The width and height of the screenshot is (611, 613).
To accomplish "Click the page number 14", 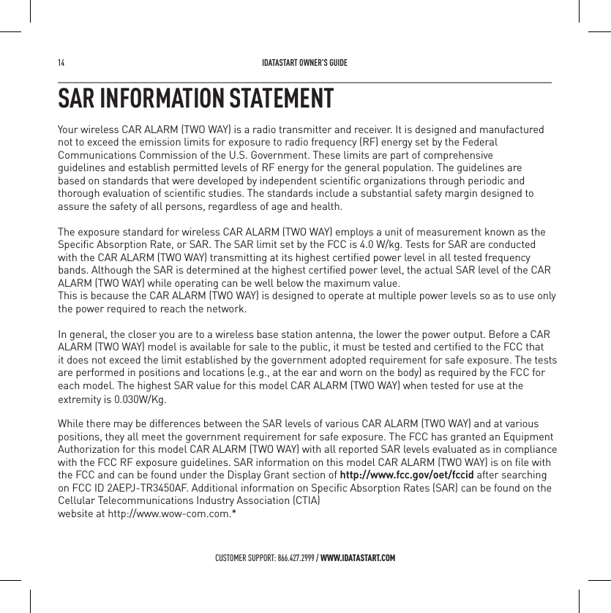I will coord(61,63).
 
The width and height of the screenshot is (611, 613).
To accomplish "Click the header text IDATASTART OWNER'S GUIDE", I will coord(304,63).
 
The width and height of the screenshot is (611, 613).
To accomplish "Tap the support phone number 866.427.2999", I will coord(295,559).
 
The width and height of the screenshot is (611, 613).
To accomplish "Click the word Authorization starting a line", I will coord(87,450).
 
